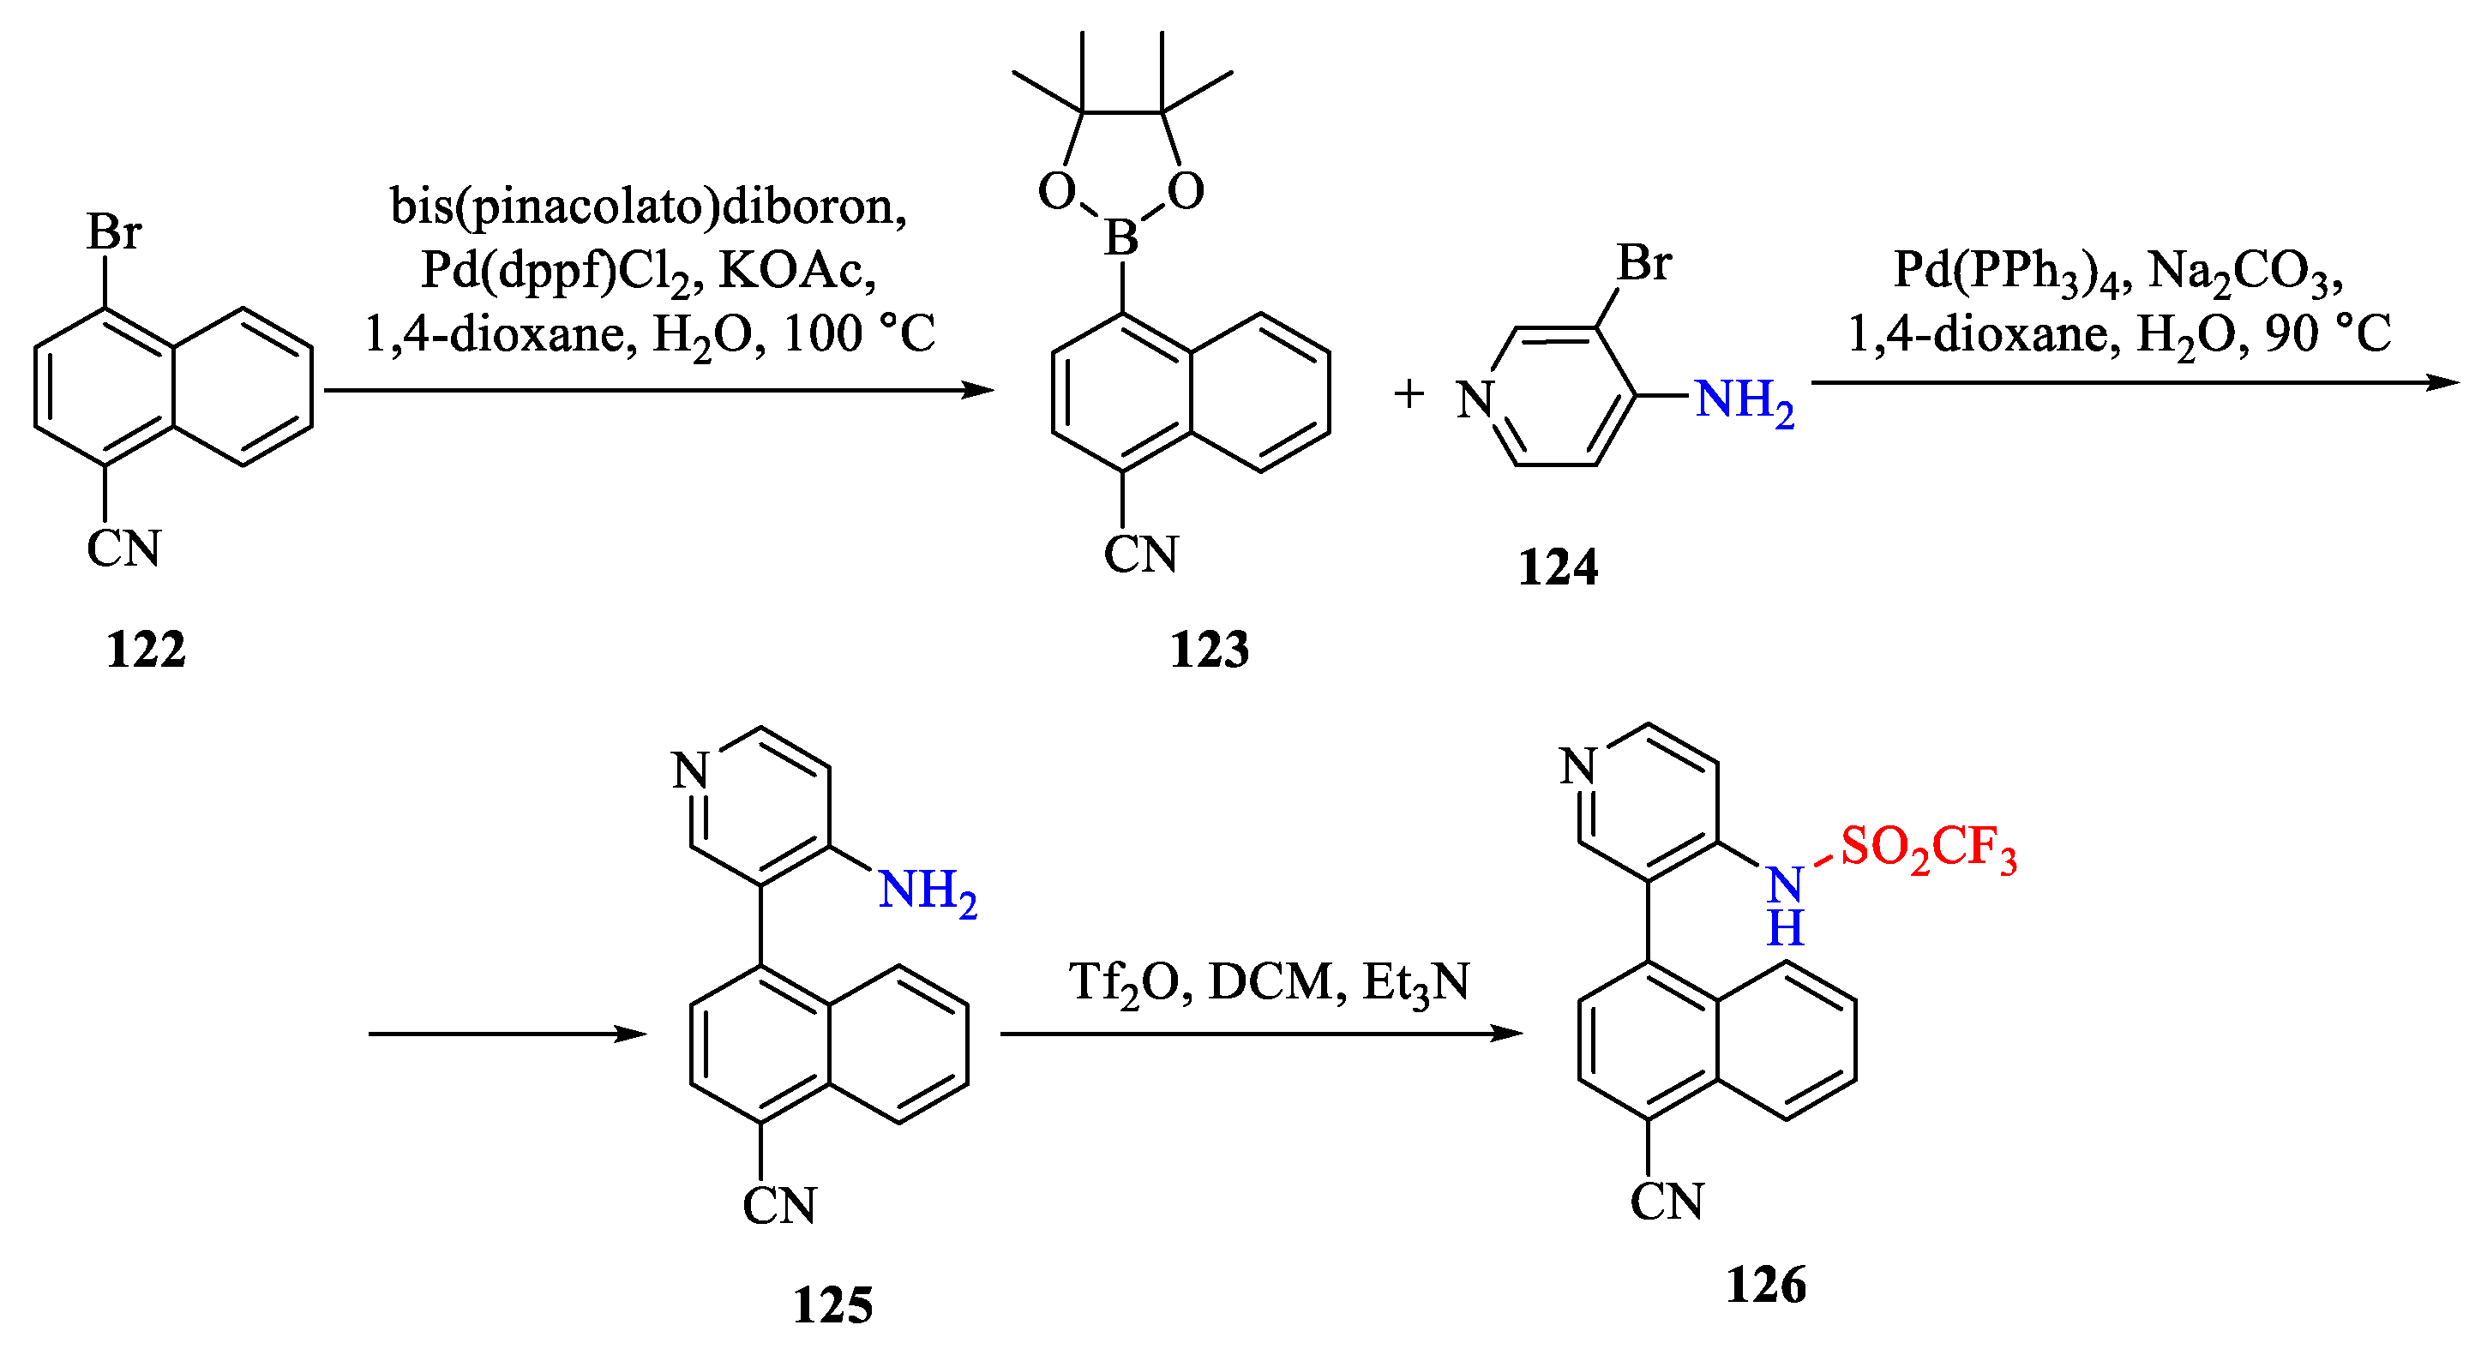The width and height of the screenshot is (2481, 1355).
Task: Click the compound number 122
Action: coord(146,649)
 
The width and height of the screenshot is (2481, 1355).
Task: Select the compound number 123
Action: coord(1209,649)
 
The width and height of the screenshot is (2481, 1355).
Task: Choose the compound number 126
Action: coord(1765,1285)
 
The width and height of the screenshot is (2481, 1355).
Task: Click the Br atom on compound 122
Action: coord(114,232)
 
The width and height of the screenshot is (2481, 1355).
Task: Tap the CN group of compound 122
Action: coord(123,549)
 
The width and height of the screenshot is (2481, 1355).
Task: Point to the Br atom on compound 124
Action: coord(1644,263)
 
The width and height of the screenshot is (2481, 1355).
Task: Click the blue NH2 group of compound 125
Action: coord(928,890)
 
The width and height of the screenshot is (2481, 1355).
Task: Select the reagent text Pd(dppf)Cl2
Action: coord(556,272)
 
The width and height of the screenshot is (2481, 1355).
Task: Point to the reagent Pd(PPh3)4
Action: coord(2005,272)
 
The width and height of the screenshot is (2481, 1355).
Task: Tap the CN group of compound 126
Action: coord(1667,1202)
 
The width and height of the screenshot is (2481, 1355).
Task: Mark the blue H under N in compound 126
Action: coord(1785,928)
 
